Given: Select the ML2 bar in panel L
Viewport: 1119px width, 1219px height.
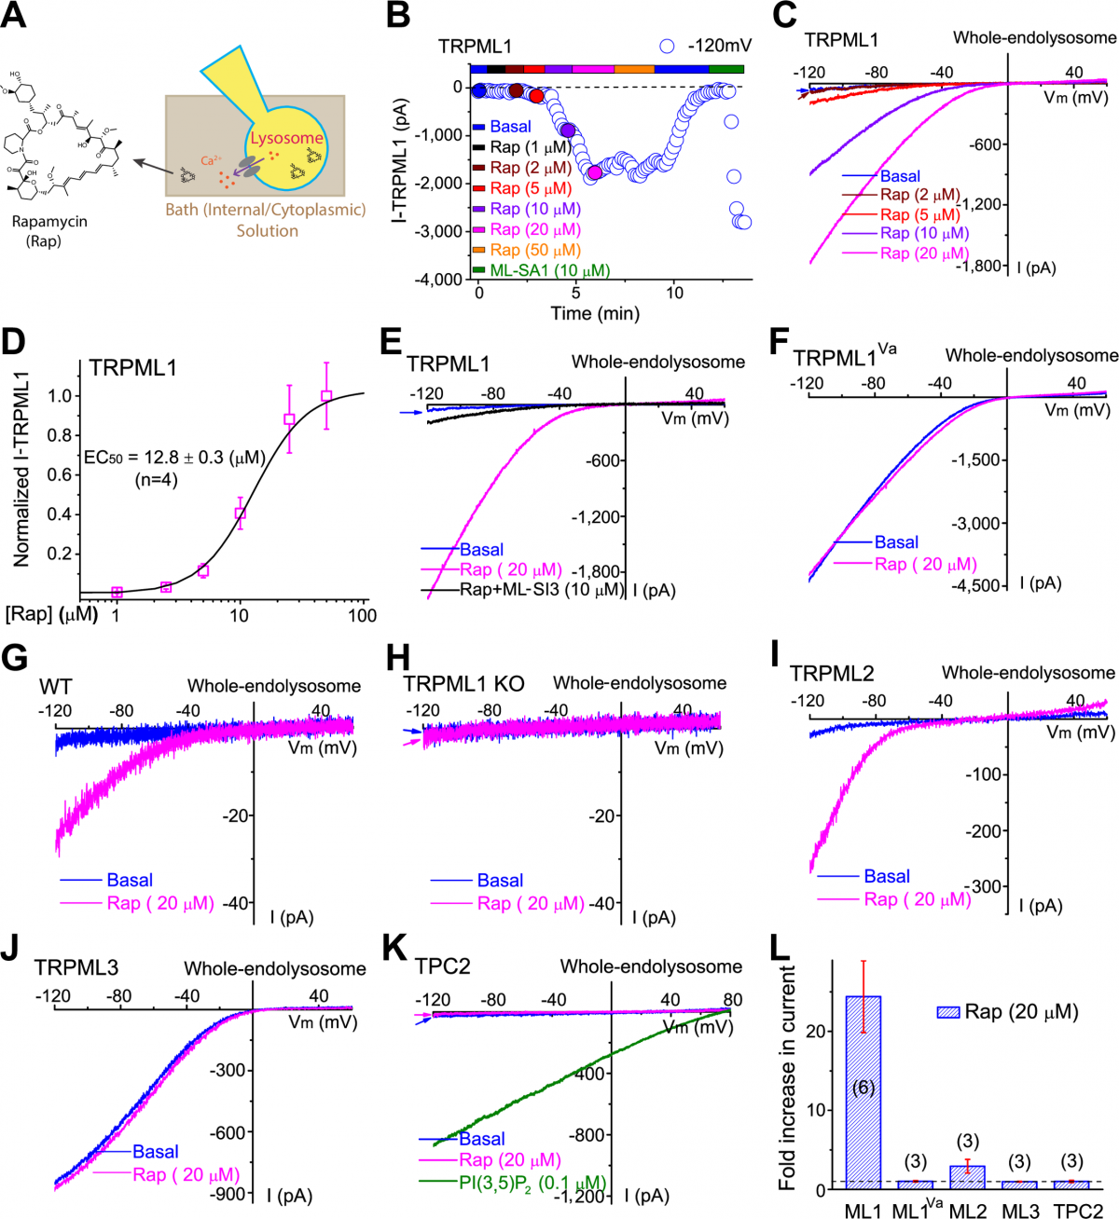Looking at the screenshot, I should click(967, 1176).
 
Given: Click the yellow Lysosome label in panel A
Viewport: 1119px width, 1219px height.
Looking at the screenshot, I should click(286, 138).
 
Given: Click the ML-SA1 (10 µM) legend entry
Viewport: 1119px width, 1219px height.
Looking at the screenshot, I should click(549, 270).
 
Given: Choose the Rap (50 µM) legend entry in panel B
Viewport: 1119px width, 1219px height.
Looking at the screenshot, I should click(534, 250).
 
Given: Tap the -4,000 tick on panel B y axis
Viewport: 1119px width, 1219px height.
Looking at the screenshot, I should click(437, 279).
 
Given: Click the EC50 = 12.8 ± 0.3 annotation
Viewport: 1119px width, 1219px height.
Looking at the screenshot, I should click(174, 458).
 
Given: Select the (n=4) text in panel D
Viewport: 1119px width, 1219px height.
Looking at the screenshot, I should click(155, 480).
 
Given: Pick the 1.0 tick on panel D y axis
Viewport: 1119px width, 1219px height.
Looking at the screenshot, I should click(60, 395).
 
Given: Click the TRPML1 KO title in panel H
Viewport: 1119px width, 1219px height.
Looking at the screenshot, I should click(463, 684).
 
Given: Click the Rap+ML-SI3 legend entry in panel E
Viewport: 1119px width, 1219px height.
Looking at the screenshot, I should click(541, 590).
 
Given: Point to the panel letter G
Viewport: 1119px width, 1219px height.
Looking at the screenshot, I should click(15, 658).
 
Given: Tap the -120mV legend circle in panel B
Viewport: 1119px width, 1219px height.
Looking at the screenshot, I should click(667, 46).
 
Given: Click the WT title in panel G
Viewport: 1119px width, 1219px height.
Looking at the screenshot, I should click(55, 687).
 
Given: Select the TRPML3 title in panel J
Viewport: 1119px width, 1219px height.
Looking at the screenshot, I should click(76, 967).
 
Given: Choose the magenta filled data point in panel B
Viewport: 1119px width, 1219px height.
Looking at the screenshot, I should click(594, 171).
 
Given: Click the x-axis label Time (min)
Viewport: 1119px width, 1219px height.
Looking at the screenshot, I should click(595, 313).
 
